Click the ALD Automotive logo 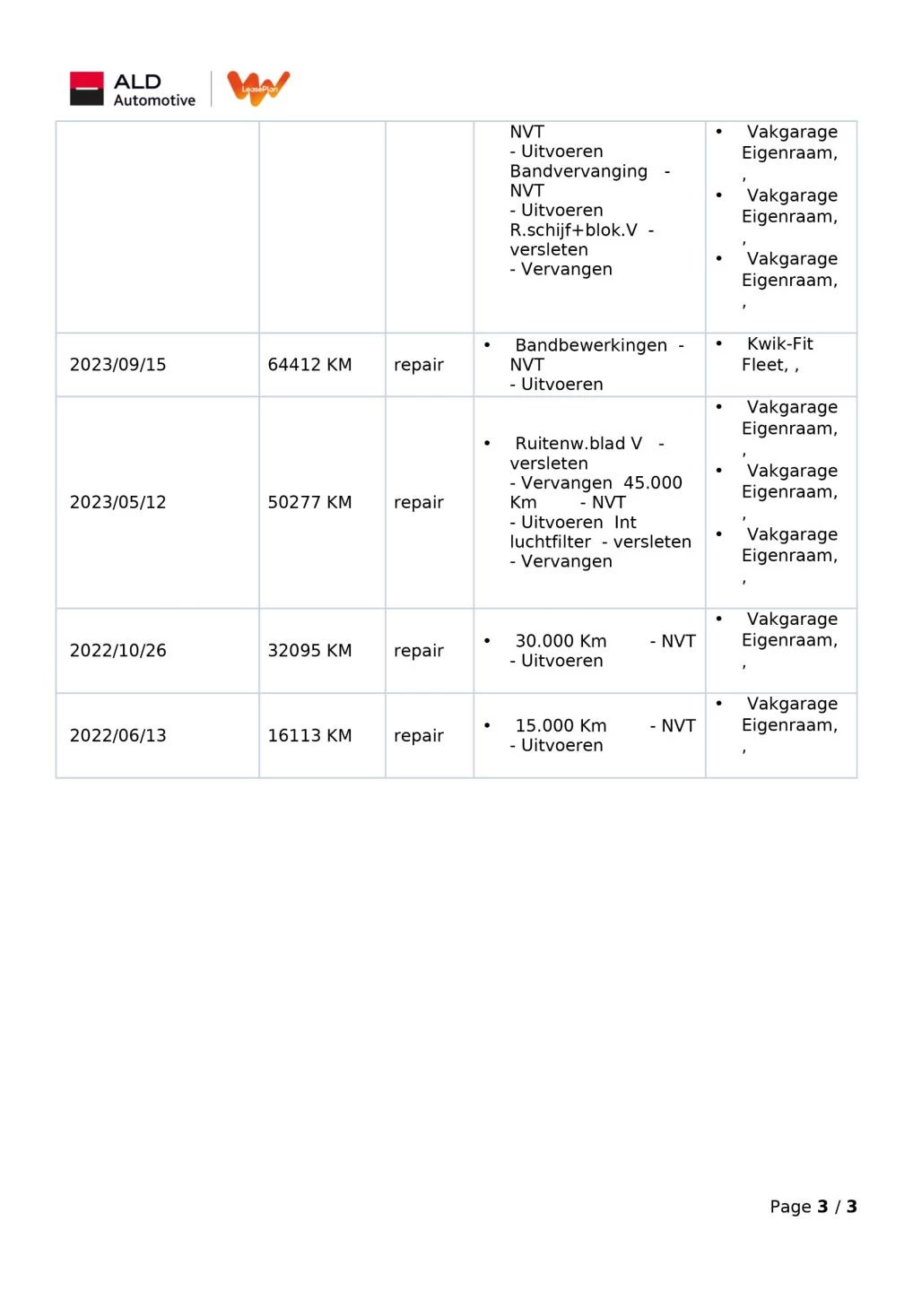(x=133, y=90)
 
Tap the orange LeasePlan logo (x=258, y=88)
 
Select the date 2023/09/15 (x=117, y=365)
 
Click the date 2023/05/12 (x=117, y=502)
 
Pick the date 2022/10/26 (x=117, y=651)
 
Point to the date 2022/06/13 (x=117, y=735)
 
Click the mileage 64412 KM (x=309, y=365)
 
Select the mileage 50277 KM (x=309, y=502)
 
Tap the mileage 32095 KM (x=309, y=651)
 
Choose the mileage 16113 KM (x=309, y=735)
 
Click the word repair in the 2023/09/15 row (x=419, y=365)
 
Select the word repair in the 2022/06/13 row (x=419, y=735)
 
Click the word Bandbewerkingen (x=591, y=345)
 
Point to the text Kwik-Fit (x=779, y=343)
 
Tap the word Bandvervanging (x=578, y=171)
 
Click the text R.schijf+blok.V (x=573, y=230)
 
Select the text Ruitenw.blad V (x=578, y=444)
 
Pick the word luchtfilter (x=550, y=542)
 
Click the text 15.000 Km (x=561, y=725)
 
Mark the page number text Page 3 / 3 (x=813, y=1207)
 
